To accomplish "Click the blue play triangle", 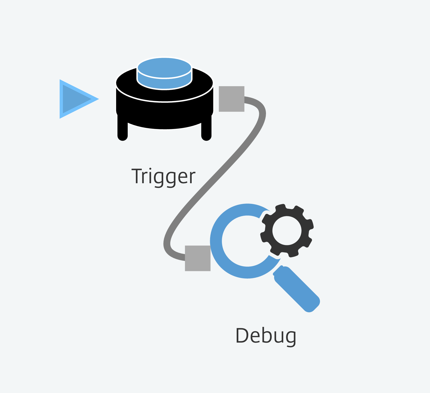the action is point(76,99).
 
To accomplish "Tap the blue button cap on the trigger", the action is point(165,73).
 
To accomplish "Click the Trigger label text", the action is point(163,177).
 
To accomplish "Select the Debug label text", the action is point(266,336).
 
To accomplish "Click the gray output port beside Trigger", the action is point(232,99).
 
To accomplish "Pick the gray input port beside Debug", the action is point(198,258).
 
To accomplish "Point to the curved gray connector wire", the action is point(214,179).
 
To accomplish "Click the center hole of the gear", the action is point(287,230).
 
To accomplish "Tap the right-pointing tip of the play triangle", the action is point(99,99).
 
